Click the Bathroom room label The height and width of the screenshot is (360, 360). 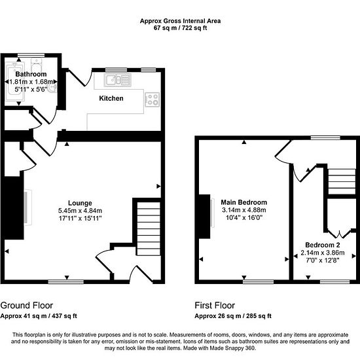31,74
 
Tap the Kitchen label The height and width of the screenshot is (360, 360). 111,98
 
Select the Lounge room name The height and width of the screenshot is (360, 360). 80,203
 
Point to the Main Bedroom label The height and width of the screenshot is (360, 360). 244,202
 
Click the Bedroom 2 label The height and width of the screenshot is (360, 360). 323,245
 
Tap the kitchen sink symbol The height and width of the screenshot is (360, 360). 118,80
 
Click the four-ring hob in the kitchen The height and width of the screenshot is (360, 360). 153,99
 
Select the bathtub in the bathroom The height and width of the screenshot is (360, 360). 15,82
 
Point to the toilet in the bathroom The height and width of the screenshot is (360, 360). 37,65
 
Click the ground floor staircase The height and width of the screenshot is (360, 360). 149,228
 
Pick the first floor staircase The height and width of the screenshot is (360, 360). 342,181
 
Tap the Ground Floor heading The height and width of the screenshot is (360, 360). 27,306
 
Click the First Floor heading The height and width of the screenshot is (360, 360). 215,306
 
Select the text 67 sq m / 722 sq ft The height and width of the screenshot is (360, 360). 180,28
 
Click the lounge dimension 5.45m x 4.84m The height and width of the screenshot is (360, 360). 80,211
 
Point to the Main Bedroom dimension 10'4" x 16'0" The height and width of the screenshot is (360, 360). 244,217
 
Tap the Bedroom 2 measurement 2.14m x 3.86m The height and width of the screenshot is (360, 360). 323,253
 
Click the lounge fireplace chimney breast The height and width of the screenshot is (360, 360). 14,207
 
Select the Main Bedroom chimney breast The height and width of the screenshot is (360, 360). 204,217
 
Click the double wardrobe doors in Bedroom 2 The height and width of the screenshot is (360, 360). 339,234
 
